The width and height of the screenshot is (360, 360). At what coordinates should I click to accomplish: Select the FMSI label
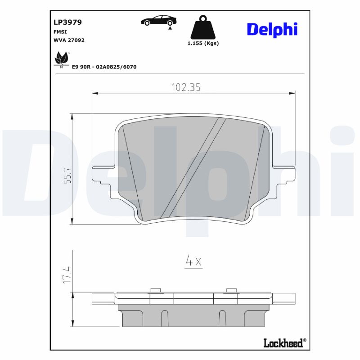tap(60, 31)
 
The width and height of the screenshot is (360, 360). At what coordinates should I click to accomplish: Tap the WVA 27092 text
tap(69, 40)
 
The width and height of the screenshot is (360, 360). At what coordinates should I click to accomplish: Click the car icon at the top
tap(158, 21)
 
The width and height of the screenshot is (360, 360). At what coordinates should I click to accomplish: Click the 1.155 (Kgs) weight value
tap(203, 44)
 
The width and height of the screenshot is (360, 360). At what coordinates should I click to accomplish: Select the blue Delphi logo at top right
tap(272, 29)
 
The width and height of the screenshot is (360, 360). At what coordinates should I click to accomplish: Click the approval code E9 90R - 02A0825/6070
tap(104, 67)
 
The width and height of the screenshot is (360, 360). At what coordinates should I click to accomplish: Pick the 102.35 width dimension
tap(185, 87)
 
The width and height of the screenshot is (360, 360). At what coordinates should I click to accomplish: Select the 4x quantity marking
tap(193, 261)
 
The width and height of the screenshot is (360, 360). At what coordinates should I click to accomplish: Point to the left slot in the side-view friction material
tap(164, 318)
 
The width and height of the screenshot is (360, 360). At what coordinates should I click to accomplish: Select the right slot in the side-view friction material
tap(222, 318)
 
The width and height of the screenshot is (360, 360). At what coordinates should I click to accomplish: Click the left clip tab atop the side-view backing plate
tap(155, 290)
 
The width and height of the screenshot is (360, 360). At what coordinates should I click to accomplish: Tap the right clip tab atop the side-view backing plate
tap(231, 290)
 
